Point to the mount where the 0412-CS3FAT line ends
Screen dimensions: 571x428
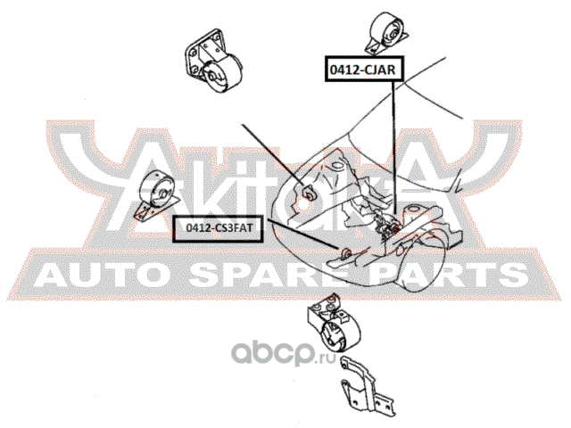(341, 251)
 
